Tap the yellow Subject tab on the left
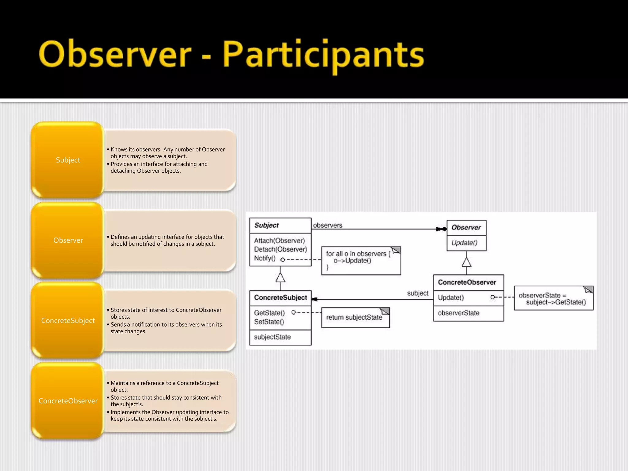coord(68,160)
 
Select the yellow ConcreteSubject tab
coord(68,320)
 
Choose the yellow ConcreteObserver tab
coord(68,401)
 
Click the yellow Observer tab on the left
coord(68,240)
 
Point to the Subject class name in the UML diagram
coord(266,225)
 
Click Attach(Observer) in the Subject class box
coord(279,241)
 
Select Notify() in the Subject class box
coord(265,258)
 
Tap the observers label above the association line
coord(327,225)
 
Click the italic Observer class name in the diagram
coord(466,228)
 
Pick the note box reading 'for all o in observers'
coord(361,260)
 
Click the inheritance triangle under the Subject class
coord(280,277)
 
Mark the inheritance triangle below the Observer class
coord(466,262)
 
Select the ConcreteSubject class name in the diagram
coord(280,298)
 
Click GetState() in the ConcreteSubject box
coord(269,313)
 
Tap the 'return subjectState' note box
coord(355,318)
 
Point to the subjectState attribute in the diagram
coord(272,337)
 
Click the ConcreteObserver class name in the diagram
coord(467,282)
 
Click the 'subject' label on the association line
coord(418,293)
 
